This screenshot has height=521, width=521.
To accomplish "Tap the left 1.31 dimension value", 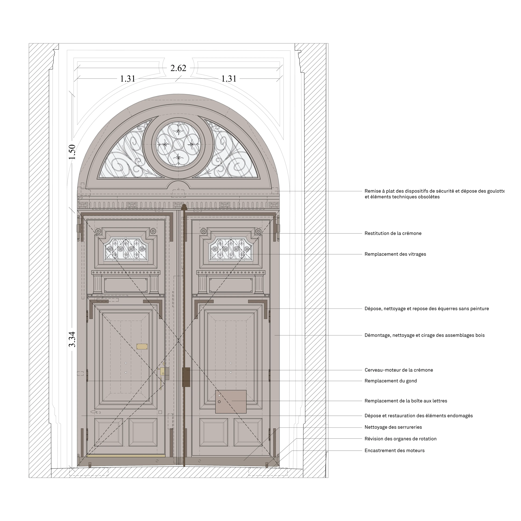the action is pos(128,79).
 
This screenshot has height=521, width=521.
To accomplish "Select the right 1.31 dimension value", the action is pos(229,79).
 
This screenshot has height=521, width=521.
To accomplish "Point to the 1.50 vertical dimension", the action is pos(72,152).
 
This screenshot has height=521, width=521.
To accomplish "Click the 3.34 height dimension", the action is pos(72,339).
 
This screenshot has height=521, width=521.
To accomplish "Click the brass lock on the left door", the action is pos(163,372).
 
